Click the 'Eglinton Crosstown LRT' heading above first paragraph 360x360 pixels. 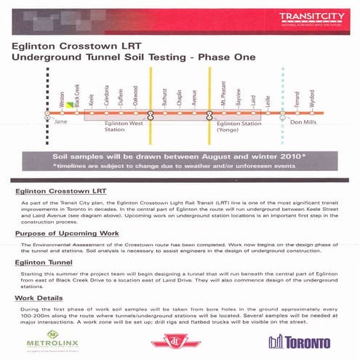coord(60,191)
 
